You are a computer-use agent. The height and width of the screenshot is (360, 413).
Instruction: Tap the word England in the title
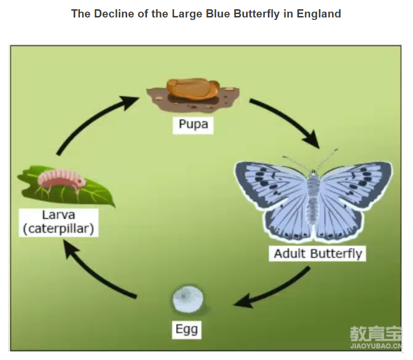319,14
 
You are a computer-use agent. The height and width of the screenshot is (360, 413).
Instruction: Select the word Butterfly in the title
256,14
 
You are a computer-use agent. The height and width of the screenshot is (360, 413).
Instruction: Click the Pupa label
193,124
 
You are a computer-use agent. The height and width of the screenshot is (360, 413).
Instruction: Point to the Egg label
186,329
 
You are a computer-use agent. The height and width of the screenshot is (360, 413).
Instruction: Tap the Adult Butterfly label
318,254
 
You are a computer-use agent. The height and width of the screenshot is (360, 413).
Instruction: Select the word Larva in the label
58,215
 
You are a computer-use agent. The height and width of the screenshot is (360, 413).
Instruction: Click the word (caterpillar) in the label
58,229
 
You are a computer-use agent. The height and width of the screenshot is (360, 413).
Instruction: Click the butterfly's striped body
313,197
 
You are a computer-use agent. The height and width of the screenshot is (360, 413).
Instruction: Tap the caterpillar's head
80,182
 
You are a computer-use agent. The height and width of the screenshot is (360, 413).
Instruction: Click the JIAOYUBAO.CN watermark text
376,346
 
